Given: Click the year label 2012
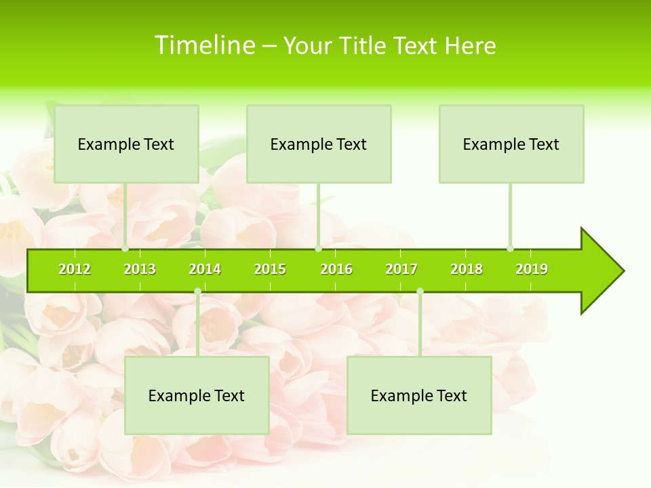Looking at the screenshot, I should (x=75, y=269).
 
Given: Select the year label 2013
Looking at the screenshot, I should (x=140, y=269).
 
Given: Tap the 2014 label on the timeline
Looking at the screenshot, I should (x=205, y=269).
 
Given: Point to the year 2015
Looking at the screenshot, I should (x=270, y=269).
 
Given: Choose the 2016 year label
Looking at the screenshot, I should (x=336, y=269).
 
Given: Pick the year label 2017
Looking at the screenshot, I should (x=401, y=269).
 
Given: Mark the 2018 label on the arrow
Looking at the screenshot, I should (x=467, y=269).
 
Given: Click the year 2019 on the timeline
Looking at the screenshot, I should (x=532, y=269).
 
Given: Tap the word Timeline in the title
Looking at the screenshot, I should (x=205, y=45).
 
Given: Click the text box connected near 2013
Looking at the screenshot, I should (x=126, y=144).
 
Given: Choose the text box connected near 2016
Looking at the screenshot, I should (x=319, y=144).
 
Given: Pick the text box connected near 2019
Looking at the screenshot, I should (x=511, y=144).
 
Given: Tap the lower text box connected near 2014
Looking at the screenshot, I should (x=197, y=395).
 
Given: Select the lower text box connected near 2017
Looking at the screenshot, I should (x=419, y=395).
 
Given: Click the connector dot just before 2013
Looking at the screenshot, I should (x=125, y=249).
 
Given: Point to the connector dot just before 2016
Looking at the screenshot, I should (x=318, y=249).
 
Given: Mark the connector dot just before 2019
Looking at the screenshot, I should (x=511, y=249).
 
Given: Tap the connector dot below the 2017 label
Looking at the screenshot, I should (x=420, y=291).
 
